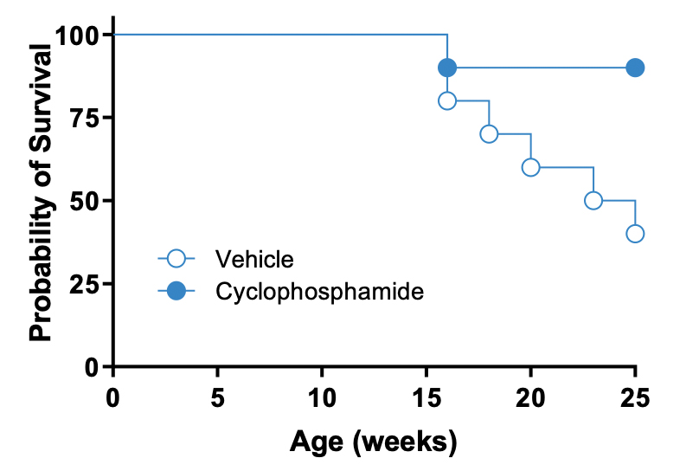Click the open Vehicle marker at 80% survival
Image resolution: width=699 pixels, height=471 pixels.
click(447, 100)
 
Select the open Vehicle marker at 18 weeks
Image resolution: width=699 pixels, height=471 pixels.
click(489, 134)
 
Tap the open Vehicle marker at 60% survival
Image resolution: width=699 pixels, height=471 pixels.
click(530, 167)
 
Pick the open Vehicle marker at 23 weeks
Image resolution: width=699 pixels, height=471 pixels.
click(593, 200)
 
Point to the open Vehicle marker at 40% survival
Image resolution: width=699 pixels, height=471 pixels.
click(635, 234)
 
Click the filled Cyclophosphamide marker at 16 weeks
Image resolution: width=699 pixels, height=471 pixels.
click(447, 68)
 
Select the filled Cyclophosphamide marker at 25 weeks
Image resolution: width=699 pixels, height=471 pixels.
click(635, 68)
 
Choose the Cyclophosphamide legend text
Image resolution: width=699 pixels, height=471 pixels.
click(319, 292)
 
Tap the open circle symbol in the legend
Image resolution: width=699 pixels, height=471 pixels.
click(176, 258)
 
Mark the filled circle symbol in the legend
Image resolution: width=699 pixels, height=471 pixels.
click(176, 292)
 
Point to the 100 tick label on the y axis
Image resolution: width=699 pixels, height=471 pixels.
click(76, 35)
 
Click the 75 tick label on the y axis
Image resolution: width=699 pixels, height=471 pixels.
click(83, 118)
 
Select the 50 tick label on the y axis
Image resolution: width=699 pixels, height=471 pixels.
click(83, 201)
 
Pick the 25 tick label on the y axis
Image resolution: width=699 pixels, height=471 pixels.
click(83, 284)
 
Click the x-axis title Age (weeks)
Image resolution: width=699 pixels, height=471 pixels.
click(373, 442)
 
